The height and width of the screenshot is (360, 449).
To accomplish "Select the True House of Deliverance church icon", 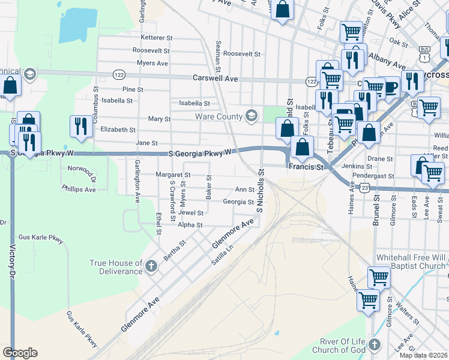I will [x=151, y=265].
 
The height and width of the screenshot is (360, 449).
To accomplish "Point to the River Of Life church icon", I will [x=375, y=344].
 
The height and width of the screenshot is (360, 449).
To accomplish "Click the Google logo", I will [x=20, y=353].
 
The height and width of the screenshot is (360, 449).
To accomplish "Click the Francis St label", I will [x=306, y=166].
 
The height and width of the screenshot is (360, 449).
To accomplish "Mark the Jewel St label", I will [x=191, y=213].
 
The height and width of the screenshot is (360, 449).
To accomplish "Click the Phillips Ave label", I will [x=79, y=189].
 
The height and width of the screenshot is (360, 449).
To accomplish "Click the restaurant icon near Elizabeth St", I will [x=81, y=125].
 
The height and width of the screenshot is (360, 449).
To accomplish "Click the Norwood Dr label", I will [x=90, y=174].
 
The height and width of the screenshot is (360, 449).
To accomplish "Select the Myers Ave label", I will [x=152, y=63].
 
